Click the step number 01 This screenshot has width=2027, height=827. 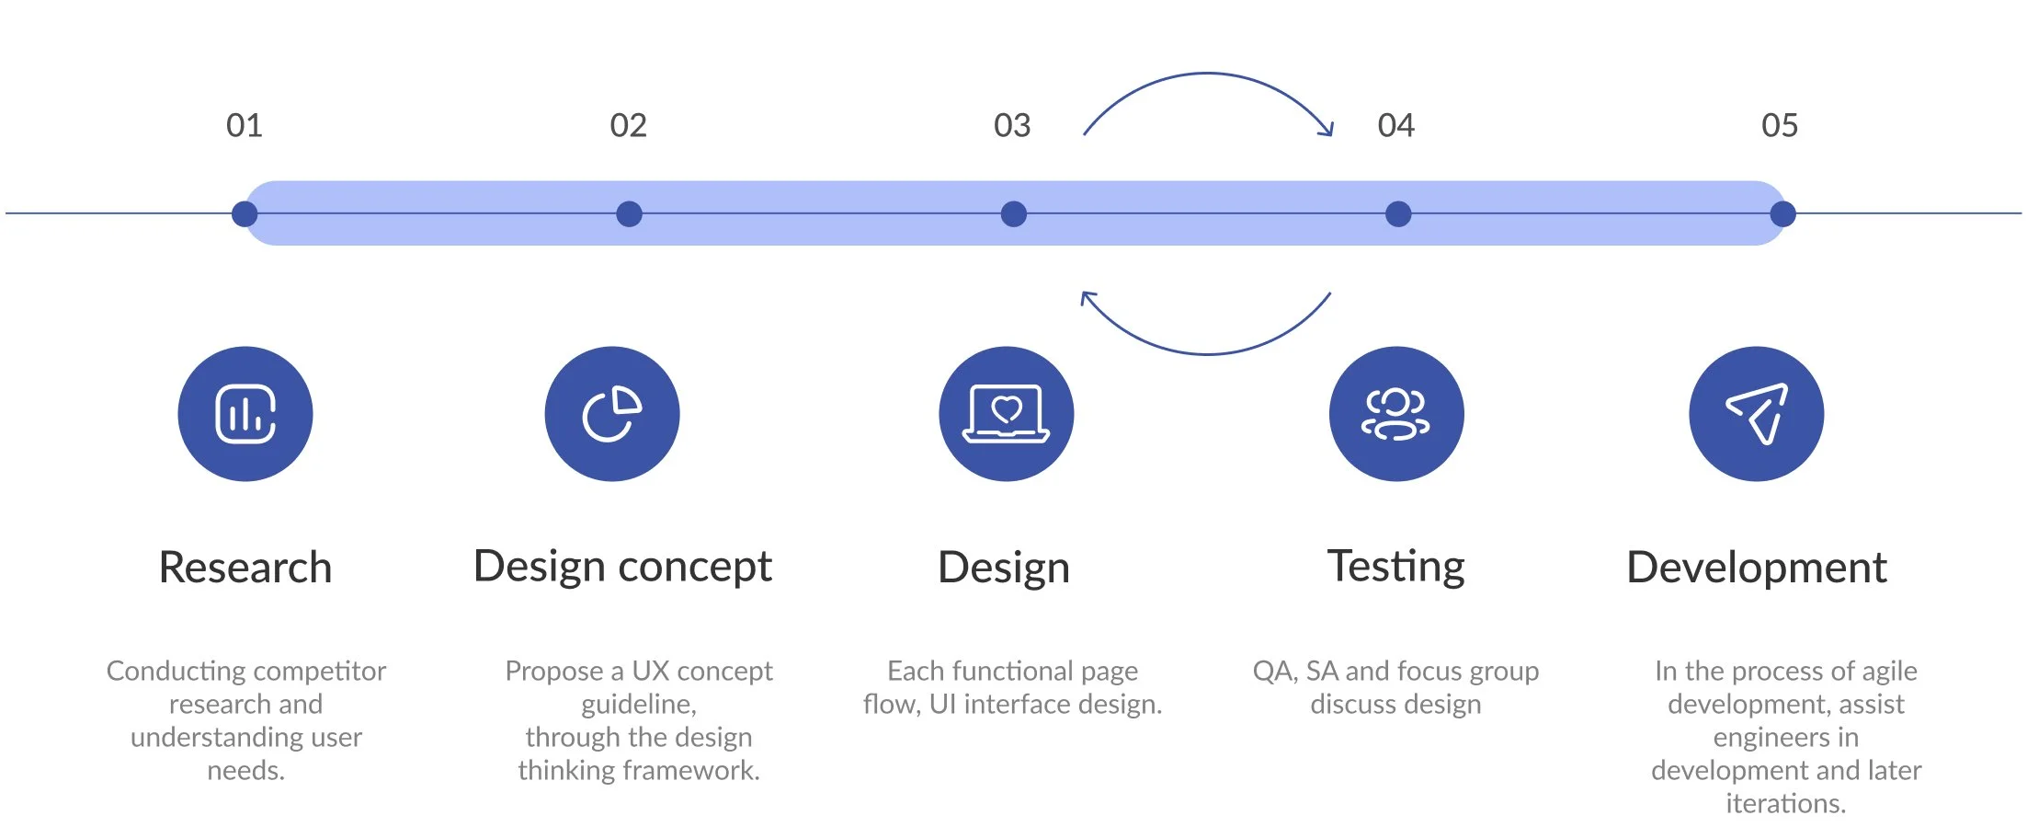pyautogui.click(x=245, y=125)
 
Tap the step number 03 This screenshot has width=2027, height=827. pyautogui.click(x=1012, y=125)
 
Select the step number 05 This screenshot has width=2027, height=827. pyautogui.click(x=1780, y=125)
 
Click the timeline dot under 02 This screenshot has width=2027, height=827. pyautogui.click(x=629, y=214)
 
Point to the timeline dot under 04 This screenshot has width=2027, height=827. pyautogui.click(x=1398, y=214)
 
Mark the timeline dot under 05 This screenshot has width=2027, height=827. pyautogui.click(x=1782, y=214)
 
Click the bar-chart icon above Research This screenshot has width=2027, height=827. pyautogui.click(x=245, y=414)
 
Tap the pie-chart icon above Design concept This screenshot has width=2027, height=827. pyautogui.click(x=612, y=414)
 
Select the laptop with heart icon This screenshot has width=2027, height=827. pyautogui.click(x=1006, y=414)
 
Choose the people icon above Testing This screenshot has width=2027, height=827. pyautogui.click(x=1396, y=414)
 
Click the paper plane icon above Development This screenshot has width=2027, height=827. pyautogui.click(x=1757, y=414)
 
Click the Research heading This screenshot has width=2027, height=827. pyautogui.click(x=245, y=567)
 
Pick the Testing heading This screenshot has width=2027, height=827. pyautogui.click(x=1395, y=567)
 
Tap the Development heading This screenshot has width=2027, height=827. pyautogui.click(x=1757, y=567)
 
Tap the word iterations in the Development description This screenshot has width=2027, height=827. pyautogui.click(x=1785, y=803)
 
